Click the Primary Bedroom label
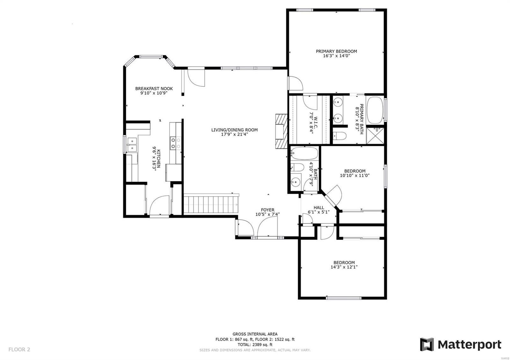coord(336,51)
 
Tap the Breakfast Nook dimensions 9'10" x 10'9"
coord(154,93)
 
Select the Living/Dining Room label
coord(235,130)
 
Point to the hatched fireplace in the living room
coord(282,131)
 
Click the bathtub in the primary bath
coord(375,110)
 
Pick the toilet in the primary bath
coord(340,136)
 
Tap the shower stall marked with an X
coord(375,136)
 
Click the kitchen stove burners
coord(176,143)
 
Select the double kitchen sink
coord(132,145)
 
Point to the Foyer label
coord(267,210)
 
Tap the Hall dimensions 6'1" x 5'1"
coord(319,212)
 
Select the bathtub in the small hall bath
coord(304,153)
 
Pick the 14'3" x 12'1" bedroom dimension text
coord(344,267)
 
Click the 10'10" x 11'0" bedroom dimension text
coord(355,176)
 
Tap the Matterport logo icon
coord(427,344)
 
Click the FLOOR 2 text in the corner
coord(19,349)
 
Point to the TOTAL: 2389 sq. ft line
coord(255,344)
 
